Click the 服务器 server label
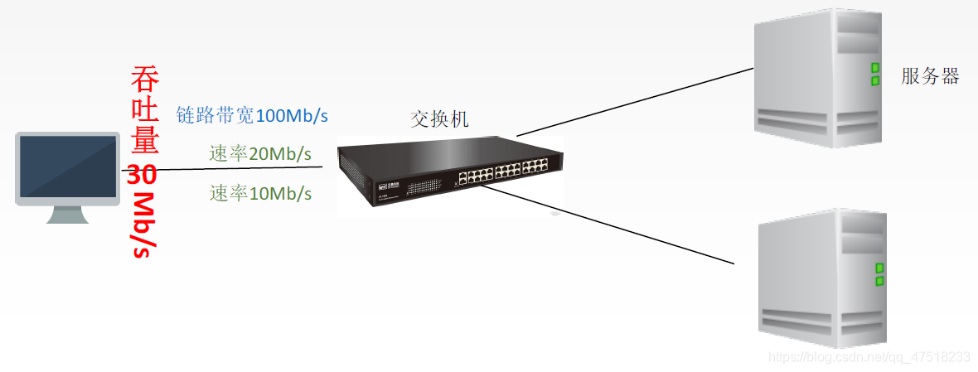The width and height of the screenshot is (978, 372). [930, 77]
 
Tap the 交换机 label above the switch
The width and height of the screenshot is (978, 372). [440, 119]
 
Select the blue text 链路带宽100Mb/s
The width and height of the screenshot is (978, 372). [248, 116]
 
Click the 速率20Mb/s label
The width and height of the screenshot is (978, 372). [260, 154]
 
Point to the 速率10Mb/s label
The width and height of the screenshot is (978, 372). [260, 194]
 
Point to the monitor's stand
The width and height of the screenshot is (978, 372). [68, 214]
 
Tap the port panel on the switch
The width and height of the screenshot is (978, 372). [502, 175]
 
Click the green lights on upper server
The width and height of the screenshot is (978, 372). [874, 75]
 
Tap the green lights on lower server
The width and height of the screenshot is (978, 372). [879, 274]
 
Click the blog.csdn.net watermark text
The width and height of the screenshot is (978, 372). [869, 357]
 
